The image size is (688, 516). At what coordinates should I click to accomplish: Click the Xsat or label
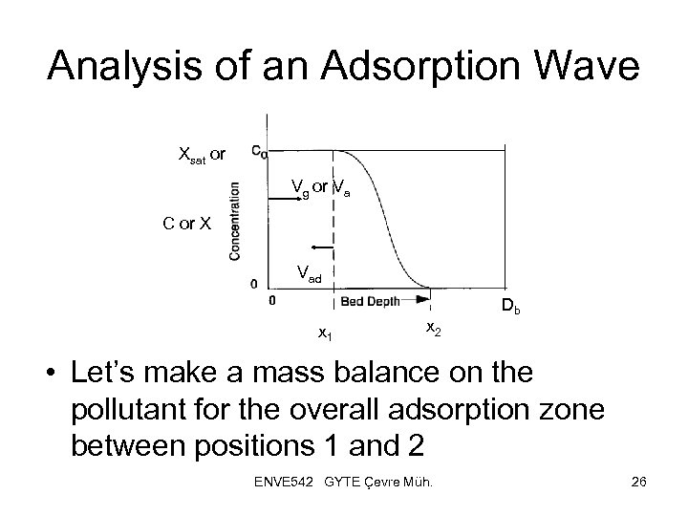coord(202,154)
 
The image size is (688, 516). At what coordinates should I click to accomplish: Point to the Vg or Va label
coord(320,189)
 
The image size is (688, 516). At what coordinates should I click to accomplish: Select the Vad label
coord(310,273)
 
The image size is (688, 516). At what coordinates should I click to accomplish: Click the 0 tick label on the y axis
coord(253,284)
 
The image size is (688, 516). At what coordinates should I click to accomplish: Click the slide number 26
coord(639,481)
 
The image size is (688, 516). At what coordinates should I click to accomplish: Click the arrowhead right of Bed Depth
coord(421,299)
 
